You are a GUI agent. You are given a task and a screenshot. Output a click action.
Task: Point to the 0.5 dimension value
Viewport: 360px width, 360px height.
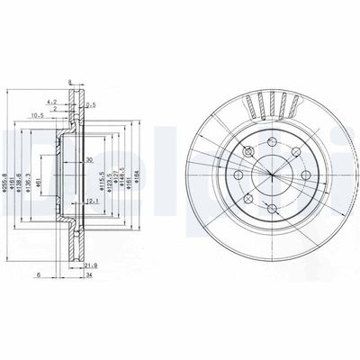91,106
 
